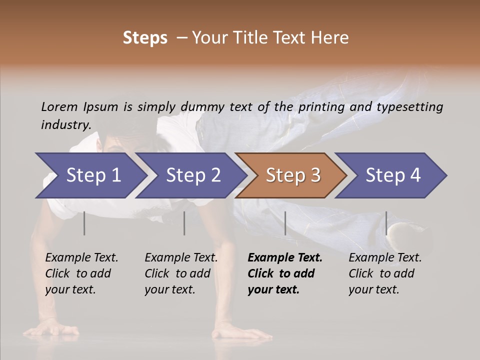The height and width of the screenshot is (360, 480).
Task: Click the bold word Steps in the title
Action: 145,38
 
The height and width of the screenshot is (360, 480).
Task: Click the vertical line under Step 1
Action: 84,223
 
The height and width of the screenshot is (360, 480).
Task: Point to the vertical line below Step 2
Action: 184,223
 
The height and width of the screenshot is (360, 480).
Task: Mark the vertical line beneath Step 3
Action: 285,223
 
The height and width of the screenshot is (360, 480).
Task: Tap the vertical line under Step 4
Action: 386,223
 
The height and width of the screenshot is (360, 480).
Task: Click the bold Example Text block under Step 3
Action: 285,273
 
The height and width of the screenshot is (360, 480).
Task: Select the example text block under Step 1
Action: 81,273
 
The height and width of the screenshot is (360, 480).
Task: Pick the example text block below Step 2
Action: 181,273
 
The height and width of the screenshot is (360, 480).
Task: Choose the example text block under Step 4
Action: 385,273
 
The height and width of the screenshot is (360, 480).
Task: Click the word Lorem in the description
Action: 59,107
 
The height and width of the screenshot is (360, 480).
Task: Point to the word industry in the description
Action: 65,125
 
